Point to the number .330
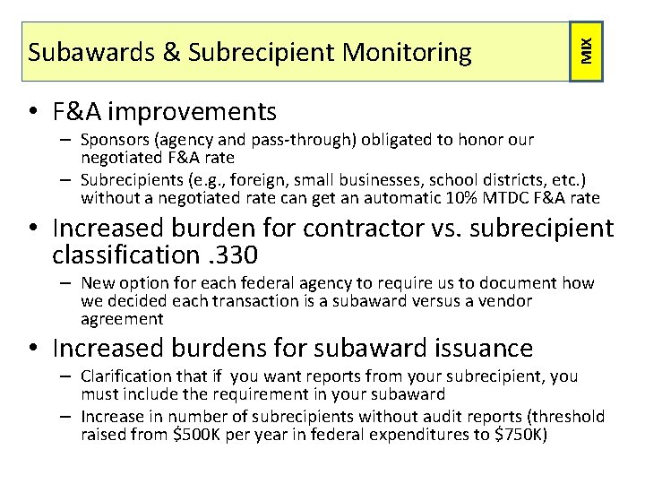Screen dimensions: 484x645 click(x=231, y=255)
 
